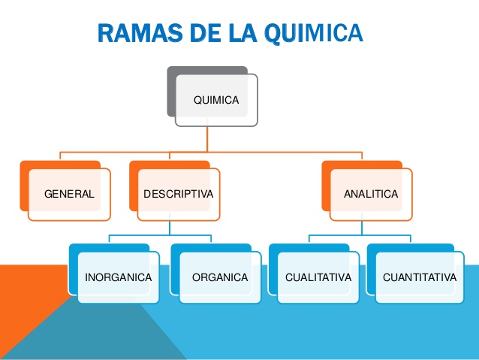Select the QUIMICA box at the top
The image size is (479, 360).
tap(216, 99)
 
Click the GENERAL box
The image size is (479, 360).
tap(69, 194)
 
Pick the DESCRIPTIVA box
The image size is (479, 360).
tap(178, 194)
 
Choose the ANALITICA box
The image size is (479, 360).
tap(371, 194)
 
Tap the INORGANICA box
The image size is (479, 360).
tap(119, 277)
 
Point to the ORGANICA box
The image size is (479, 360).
tap(219, 277)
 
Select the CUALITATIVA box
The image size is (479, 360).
tap(318, 277)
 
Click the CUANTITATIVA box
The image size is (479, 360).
tap(417, 277)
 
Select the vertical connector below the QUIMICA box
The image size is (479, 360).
tap(207, 139)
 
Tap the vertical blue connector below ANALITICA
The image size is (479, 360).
tap(362, 228)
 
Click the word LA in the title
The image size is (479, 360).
tap(236, 34)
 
